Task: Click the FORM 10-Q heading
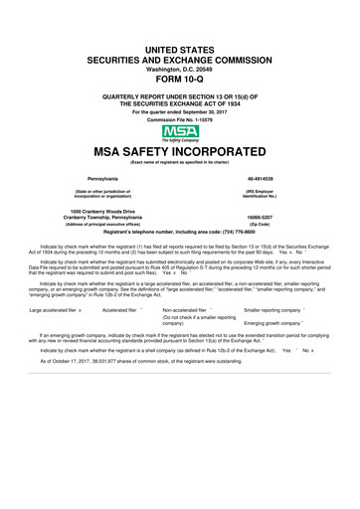[x=179, y=81]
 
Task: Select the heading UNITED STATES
[x=179, y=48]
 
